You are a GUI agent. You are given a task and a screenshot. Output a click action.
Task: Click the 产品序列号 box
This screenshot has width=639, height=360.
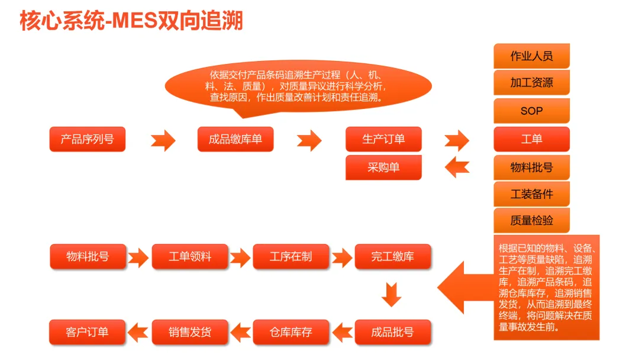pos(88,140)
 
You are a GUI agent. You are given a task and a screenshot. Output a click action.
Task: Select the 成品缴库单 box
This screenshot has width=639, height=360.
pos(235,140)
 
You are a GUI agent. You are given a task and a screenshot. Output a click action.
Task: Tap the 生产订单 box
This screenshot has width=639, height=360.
pos(383,140)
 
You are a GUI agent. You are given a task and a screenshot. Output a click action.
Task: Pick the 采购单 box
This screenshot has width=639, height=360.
pos(383,168)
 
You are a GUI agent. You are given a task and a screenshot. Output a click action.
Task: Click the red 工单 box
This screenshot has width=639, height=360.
pos(531,140)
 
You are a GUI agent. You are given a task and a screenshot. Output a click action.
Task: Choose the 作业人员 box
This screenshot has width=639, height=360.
pos(531,56)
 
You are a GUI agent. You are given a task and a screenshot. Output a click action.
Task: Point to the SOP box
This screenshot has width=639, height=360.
pos(531,111)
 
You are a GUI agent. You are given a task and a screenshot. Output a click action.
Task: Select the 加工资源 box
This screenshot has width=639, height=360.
pos(531,83)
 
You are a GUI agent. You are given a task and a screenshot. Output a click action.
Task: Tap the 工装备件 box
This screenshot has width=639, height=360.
pos(531,194)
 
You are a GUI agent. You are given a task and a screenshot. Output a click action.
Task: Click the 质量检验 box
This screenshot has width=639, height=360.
pos(531,221)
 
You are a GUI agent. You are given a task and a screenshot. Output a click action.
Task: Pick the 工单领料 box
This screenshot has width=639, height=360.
pos(190,257)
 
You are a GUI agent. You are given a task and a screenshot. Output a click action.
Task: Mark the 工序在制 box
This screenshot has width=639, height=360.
pos(291,257)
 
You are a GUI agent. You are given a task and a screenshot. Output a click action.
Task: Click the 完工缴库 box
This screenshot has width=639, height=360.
pos(393,257)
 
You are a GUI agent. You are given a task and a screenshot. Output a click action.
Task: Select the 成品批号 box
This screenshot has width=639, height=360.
pos(393,332)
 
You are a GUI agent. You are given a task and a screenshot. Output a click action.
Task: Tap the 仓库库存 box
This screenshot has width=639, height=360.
pos(291,332)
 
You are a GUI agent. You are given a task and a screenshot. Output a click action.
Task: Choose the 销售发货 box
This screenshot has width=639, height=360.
pos(190,332)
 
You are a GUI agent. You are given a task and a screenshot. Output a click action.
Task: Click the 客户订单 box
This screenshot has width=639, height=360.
pos(88,332)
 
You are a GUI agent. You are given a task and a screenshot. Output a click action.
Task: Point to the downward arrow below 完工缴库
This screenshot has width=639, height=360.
pos(392,294)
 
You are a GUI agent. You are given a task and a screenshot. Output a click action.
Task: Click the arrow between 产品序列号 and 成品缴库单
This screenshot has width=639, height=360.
pos(163,141)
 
